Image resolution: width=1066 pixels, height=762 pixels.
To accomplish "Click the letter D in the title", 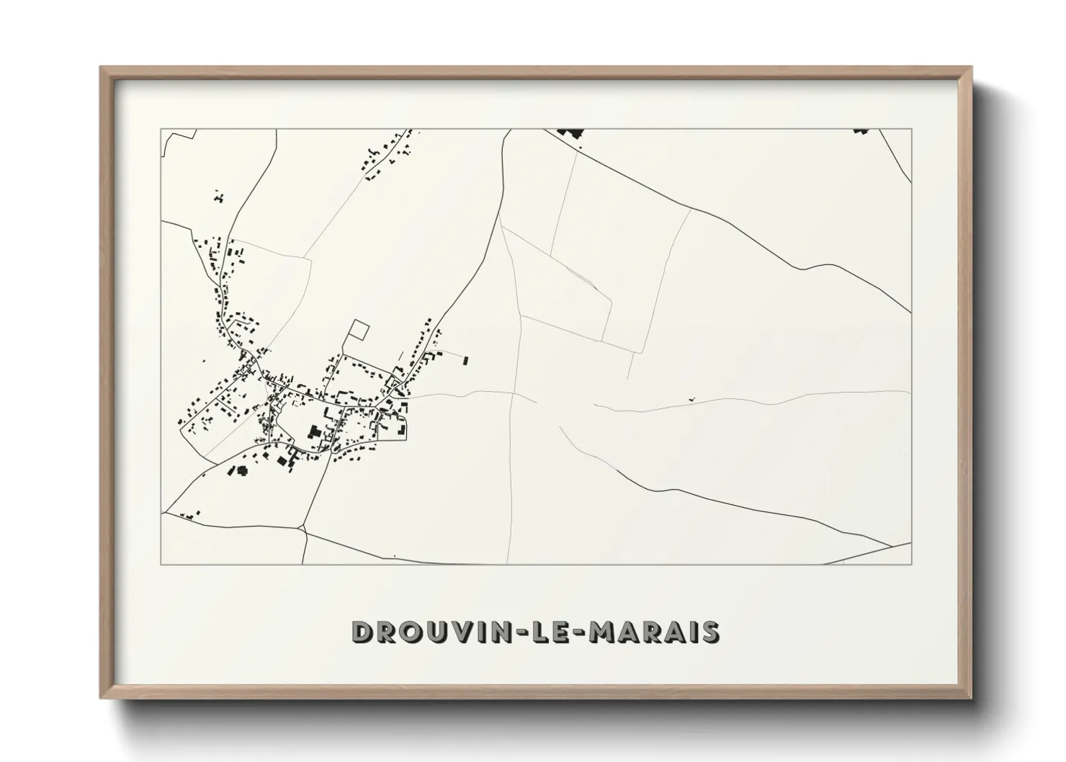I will [x=362, y=632].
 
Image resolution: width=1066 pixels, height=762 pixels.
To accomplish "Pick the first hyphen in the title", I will [x=506, y=632].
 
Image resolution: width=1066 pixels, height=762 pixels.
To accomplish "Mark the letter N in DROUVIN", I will [x=490, y=632].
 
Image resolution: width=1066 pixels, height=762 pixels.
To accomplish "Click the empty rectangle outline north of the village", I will [x=358, y=330].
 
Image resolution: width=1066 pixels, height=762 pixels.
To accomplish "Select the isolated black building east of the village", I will [x=465, y=359].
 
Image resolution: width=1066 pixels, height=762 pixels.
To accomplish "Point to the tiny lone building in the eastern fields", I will [x=692, y=398].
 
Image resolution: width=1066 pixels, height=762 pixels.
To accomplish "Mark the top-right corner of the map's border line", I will [x=912, y=129].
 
